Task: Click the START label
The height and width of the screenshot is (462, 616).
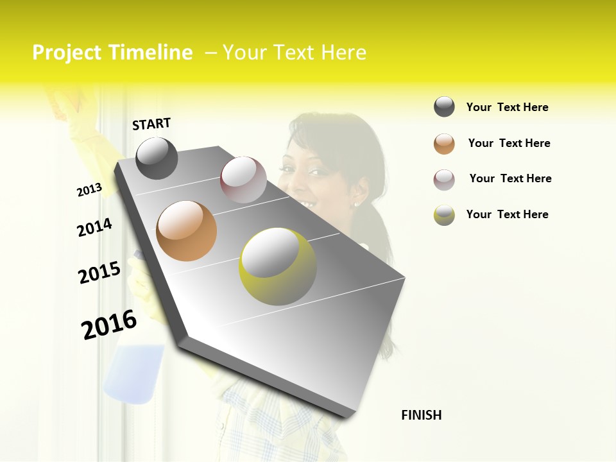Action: tap(151, 123)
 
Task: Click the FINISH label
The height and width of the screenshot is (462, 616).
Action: tap(421, 415)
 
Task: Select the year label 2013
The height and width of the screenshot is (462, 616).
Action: tap(89, 189)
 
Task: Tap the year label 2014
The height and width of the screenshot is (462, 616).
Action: tap(94, 227)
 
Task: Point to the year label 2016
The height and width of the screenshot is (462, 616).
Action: tap(109, 325)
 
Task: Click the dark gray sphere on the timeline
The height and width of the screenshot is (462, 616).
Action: tap(157, 158)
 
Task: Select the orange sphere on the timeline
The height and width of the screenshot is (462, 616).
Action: tap(186, 231)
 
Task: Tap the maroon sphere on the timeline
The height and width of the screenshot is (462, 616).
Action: tap(243, 180)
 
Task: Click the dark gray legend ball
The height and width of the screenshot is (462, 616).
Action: tap(444, 107)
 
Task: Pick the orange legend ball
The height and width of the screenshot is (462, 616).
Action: tap(444, 144)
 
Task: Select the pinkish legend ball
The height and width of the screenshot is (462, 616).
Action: tap(444, 180)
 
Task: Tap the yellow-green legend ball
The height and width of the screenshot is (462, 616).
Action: tap(444, 215)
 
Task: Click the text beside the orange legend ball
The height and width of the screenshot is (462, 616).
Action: tap(509, 143)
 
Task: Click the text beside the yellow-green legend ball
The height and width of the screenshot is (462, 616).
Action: tap(507, 214)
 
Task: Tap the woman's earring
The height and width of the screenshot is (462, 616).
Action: tap(355, 204)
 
